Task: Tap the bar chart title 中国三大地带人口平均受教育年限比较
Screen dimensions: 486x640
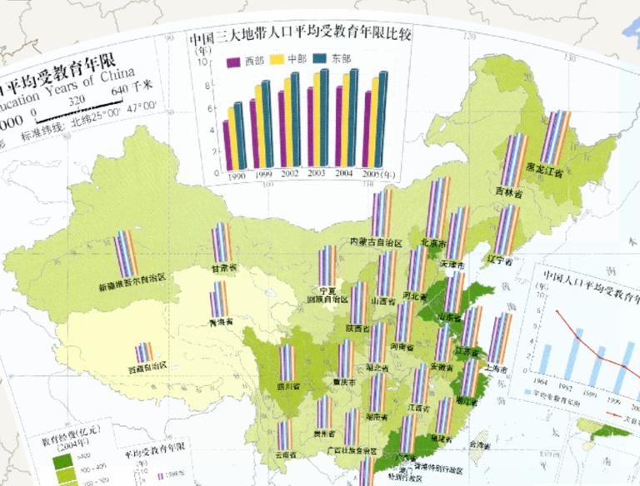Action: pos(302,37)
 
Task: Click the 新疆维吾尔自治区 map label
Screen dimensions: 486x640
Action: pos(132,287)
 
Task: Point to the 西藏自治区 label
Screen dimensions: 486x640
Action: pos(148,367)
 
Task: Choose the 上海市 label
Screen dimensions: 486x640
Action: pos(500,368)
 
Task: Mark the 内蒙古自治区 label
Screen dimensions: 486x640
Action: pos(376,242)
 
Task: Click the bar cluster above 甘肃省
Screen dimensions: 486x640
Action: pos(220,242)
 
